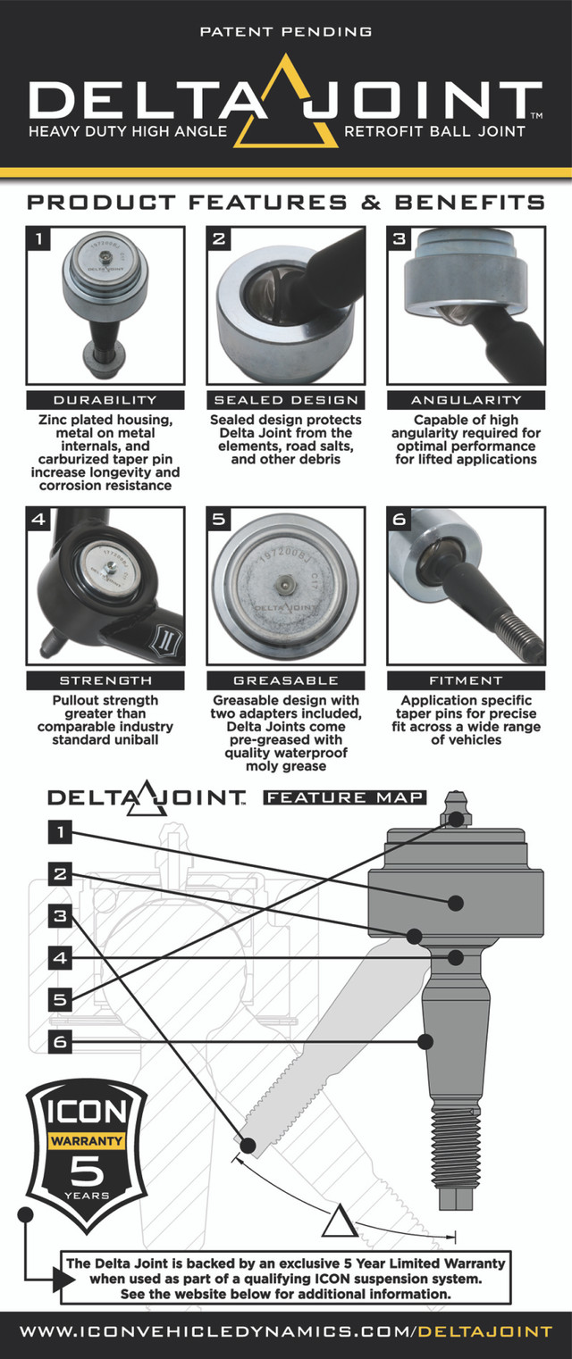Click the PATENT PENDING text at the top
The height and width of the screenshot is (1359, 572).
(x=285, y=31)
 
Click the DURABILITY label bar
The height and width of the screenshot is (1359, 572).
(x=105, y=400)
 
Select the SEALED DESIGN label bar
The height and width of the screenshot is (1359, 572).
(x=285, y=400)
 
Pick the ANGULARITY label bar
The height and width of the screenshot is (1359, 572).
(x=466, y=400)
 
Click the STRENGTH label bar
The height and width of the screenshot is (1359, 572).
(x=105, y=680)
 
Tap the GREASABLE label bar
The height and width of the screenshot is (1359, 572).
(x=285, y=680)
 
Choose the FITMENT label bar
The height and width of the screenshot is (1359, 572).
(x=466, y=680)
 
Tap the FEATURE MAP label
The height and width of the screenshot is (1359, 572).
(x=344, y=797)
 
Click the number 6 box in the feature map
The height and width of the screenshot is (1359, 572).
(x=60, y=1041)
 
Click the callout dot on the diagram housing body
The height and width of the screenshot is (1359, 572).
(x=456, y=903)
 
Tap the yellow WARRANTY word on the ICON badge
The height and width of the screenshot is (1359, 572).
(x=86, y=1140)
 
